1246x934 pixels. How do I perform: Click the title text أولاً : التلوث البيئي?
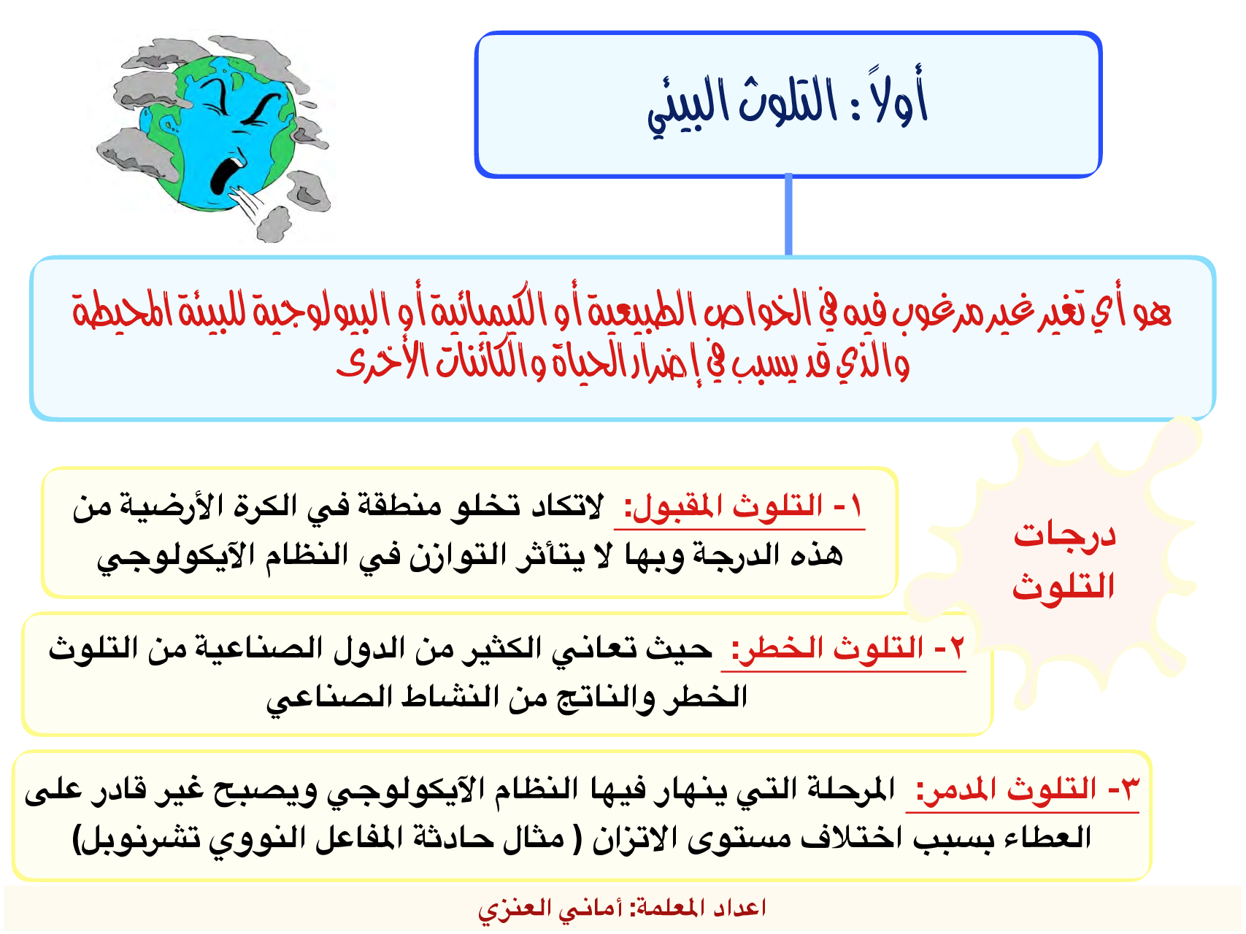coord(788,104)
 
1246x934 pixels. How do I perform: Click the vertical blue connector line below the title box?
coord(788,215)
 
